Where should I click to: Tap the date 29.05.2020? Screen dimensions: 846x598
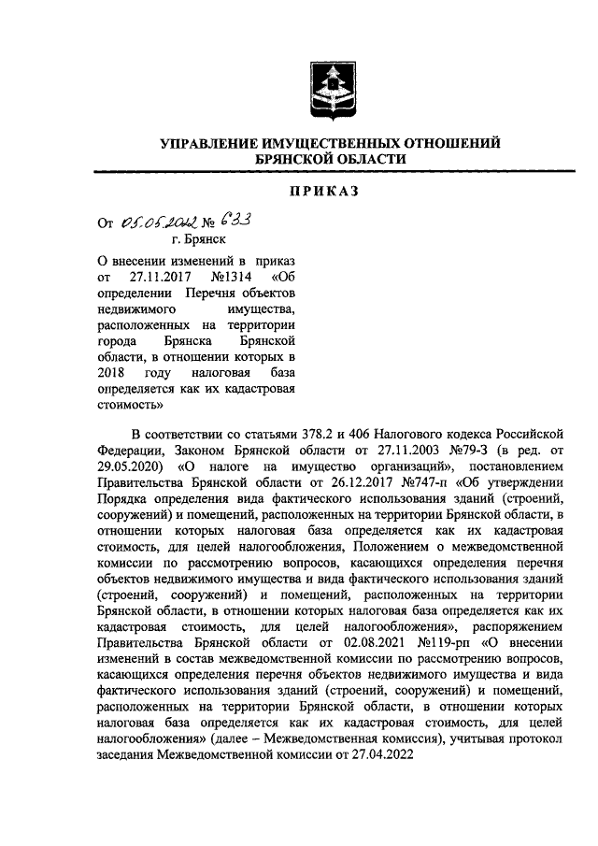[x=128, y=465]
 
